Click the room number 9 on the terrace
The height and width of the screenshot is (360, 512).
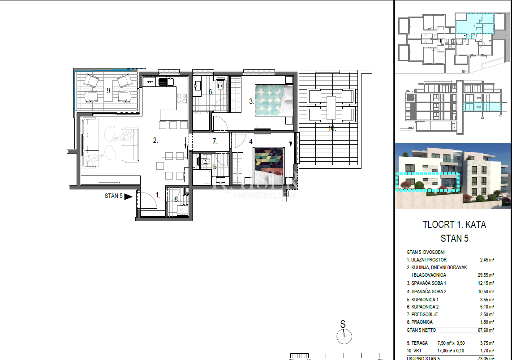point(108,90)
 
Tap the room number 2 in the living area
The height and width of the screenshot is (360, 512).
point(155,140)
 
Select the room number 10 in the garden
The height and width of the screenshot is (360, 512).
point(331,129)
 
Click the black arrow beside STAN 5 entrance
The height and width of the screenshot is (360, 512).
point(129,196)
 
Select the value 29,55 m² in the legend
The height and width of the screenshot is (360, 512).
point(486,275)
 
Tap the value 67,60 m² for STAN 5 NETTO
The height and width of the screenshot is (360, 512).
point(486,330)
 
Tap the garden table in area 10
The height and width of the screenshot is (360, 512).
point(331,107)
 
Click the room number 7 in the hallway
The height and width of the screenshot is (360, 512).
point(215,141)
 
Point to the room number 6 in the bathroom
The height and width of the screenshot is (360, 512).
point(210,92)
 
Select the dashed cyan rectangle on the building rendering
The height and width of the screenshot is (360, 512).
point(428,181)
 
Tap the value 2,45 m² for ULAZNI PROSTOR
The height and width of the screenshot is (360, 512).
point(486,260)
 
